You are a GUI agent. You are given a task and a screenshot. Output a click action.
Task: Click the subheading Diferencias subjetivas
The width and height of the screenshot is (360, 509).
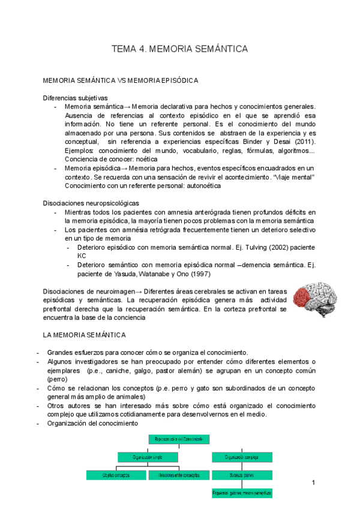click(75, 97)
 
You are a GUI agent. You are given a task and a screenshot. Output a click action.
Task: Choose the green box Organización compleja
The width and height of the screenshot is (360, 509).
click(242, 457)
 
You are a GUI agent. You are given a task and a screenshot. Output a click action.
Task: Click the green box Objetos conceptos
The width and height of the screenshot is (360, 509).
click(115, 475)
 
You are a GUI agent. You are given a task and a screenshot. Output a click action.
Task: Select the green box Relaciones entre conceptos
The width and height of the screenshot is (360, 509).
click(179, 475)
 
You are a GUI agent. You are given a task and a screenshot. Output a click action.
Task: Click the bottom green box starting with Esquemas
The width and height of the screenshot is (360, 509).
click(242, 493)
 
